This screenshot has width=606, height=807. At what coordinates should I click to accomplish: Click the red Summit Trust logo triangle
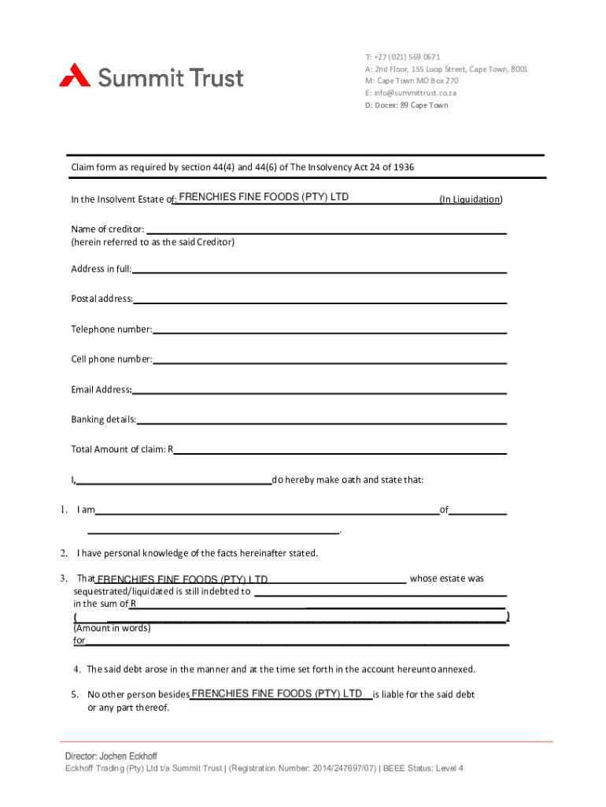(x=76, y=75)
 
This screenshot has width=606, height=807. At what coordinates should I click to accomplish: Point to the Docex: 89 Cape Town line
(x=406, y=105)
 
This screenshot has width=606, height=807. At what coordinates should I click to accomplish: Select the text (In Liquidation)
(x=471, y=199)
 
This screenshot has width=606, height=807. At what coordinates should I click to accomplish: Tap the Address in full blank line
(x=319, y=270)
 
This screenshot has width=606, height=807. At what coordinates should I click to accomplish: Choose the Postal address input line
(x=320, y=299)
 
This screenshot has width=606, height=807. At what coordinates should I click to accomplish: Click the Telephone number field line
(x=329, y=329)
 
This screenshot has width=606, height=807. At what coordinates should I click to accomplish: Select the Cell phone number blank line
(x=330, y=359)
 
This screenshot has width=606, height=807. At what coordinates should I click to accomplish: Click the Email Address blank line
(x=320, y=389)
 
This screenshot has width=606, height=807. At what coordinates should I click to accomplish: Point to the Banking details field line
(x=321, y=419)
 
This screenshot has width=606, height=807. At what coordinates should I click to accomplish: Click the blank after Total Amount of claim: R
(x=339, y=450)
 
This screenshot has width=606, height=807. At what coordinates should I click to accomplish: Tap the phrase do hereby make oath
(x=316, y=480)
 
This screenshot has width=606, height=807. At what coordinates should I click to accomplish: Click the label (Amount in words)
(x=112, y=629)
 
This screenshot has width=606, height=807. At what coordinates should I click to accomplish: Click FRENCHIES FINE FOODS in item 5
(x=276, y=694)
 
